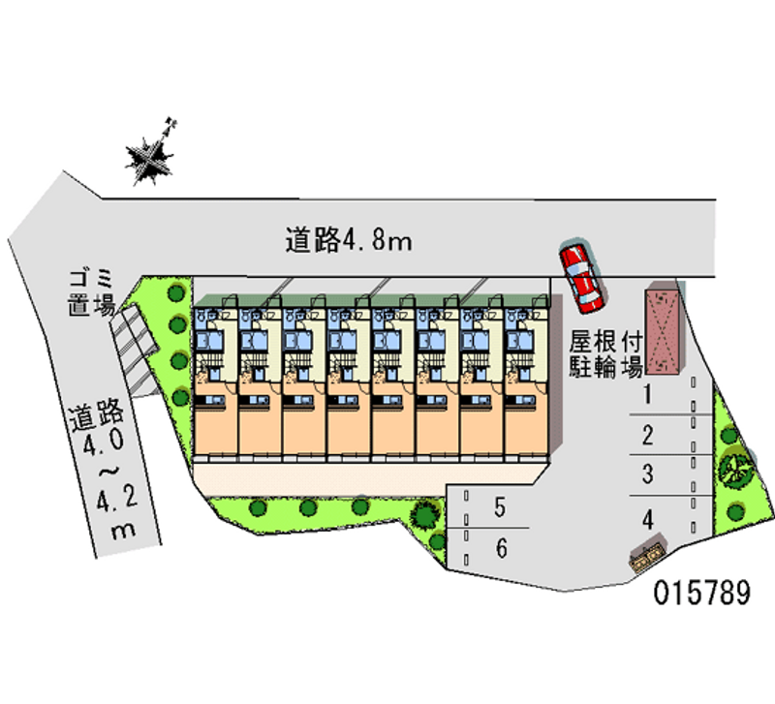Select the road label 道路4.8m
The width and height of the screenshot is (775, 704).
pyautogui.click(x=349, y=239)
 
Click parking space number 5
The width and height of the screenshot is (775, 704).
pyautogui.click(x=500, y=506)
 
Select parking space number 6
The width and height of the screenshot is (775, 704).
pyautogui.click(x=501, y=549)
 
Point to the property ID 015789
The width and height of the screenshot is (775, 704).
pyautogui.click(x=700, y=593)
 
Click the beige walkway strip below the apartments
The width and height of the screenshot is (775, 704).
pyautogui.click(x=368, y=477)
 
